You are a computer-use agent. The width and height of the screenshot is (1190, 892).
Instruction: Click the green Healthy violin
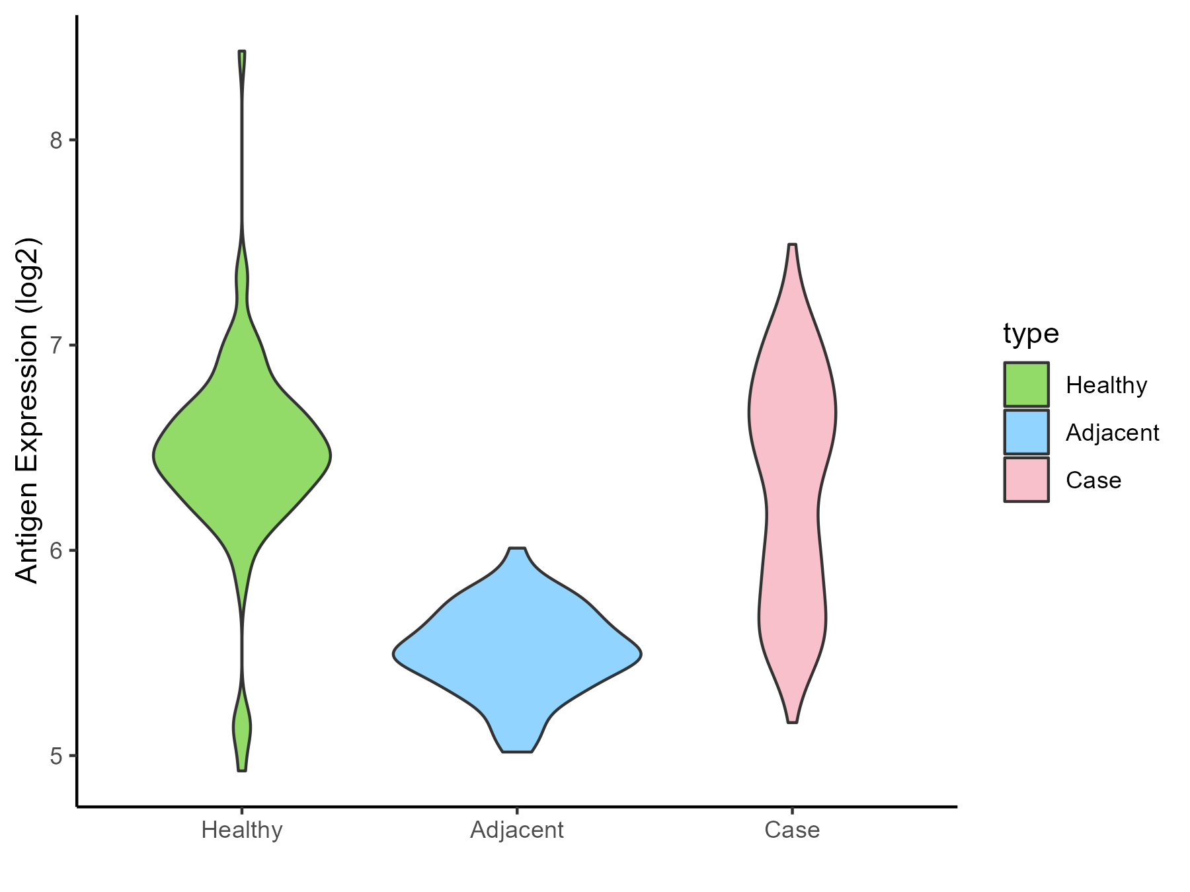point(242,456)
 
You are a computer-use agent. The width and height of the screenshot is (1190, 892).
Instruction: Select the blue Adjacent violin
point(517,654)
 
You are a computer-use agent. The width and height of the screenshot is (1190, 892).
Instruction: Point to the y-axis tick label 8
point(56,140)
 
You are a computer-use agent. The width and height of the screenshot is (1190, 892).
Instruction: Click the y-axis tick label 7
point(56,346)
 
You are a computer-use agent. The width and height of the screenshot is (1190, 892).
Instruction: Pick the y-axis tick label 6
point(56,550)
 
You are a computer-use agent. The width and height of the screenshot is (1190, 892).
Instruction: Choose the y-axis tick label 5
point(56,756)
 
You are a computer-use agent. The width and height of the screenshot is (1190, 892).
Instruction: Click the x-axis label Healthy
point(242,830)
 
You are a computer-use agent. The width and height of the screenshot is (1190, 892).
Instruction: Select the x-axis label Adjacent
point(517,830)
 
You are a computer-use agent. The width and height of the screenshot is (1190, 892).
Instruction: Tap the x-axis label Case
point(792,830)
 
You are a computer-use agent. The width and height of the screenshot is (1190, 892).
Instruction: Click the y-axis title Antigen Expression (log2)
point(28,410)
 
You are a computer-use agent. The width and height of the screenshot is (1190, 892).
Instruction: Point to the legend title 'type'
point(1031,334)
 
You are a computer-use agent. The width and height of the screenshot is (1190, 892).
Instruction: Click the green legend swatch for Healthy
point(1026,384)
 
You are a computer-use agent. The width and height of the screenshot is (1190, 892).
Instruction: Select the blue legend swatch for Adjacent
point(1026,432)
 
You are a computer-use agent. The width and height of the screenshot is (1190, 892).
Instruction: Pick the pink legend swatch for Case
point(1026,480)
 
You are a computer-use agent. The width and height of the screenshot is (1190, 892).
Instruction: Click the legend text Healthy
point(1106,385)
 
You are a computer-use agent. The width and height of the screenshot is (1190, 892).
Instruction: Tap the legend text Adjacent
point(1112,433)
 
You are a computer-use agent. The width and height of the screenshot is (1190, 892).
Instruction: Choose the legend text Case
point(1093,480)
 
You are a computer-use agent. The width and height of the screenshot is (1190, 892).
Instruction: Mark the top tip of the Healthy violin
point(242,52)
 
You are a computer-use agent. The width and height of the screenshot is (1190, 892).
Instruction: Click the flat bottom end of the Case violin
point(792,722)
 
